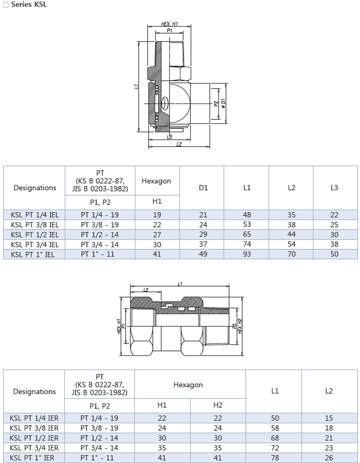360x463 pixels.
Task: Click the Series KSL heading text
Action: (x=29, y=5)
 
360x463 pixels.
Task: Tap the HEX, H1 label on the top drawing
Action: (x=169, y=24)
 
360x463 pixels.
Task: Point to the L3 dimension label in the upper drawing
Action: (x=169, y=137)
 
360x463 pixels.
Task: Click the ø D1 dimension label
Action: (x=223, y=103)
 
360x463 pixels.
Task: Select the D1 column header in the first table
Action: (x=203, y=188)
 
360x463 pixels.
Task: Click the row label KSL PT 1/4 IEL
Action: (x=35, y=215)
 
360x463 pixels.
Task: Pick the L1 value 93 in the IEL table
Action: (x=247, y=254)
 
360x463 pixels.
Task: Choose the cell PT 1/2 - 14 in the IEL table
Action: (x=100, y=235)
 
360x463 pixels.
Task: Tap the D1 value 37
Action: (x=203, y=244)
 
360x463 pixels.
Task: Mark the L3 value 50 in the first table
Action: (x=334, y=254)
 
